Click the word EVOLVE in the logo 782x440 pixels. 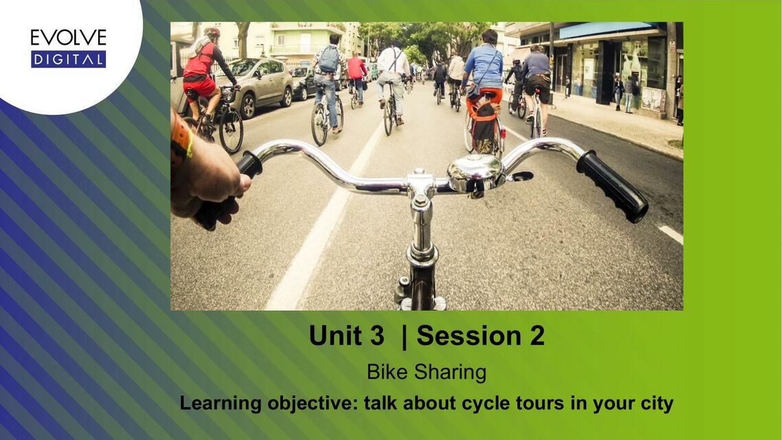pyautogui.click(x=68, y=37)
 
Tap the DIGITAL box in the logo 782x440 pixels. pyautogui.click(x=68, y=59)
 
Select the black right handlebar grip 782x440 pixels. pyautogui.click(x=612, y=186)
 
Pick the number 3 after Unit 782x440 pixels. pyautogui.click(x=377, y=335)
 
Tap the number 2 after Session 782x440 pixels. pyautogui.click(x=537, y=335)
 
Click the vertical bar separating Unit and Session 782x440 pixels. pyautogui.click(x=404, y=335)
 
